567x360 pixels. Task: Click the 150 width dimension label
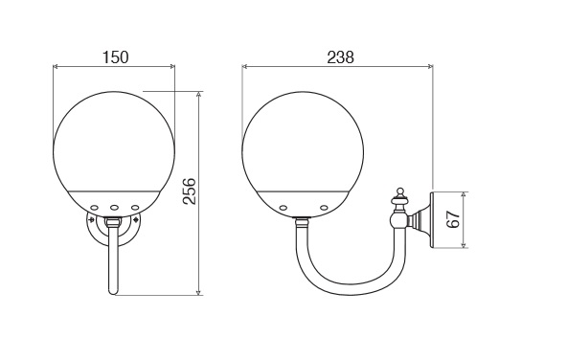(115, 57)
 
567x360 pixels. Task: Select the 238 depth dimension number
(341, 57)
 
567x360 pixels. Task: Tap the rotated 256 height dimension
(189, 191)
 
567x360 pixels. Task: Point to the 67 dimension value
(453, 218)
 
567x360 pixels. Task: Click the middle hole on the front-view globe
(115, 208)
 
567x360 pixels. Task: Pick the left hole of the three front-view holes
(95, 208)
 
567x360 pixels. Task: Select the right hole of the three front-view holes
(135, 208)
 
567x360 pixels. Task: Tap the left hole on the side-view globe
(283, 208)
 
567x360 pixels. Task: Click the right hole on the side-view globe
(324, 208)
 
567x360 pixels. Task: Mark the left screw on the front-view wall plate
(92, 219)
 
